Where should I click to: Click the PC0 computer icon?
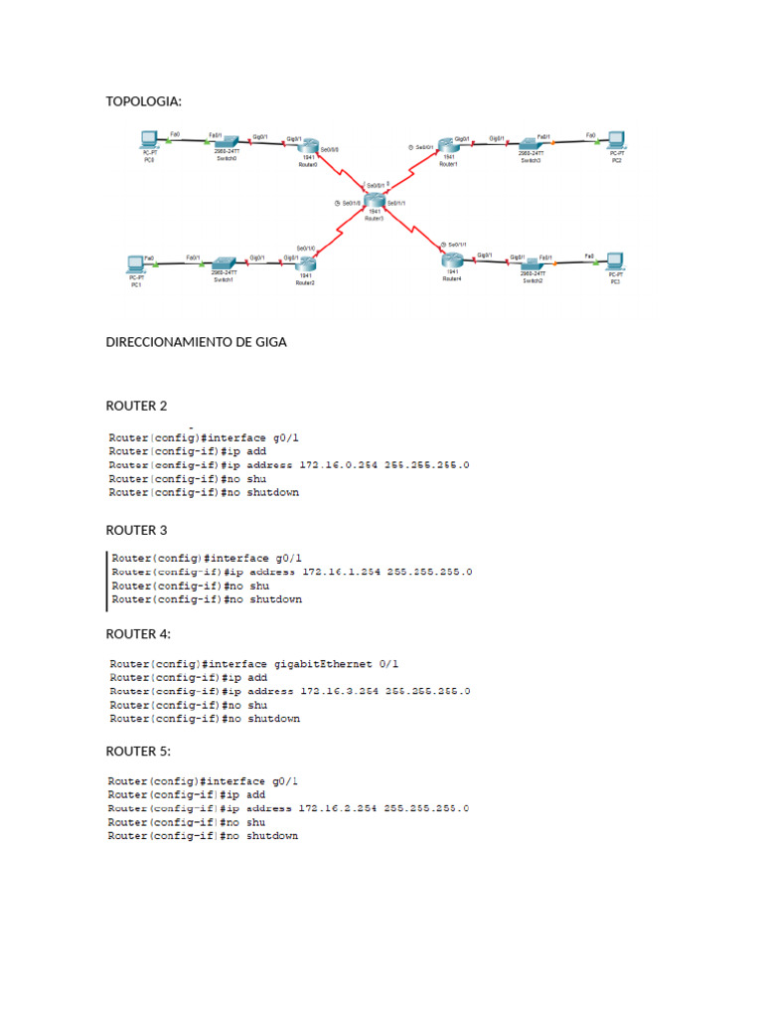click(x=149, y=140)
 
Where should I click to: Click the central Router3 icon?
click(x=375, y=201)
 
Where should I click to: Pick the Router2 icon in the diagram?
click(x=305, y=264)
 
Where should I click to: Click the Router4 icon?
click(x=452, y=261)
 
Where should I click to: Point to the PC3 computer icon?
click(x=615, y=265)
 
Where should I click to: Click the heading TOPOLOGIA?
click(x=144, y=100)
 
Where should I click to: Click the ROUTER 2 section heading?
click(x=137, y=406)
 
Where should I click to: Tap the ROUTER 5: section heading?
click(x=138, y=751)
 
